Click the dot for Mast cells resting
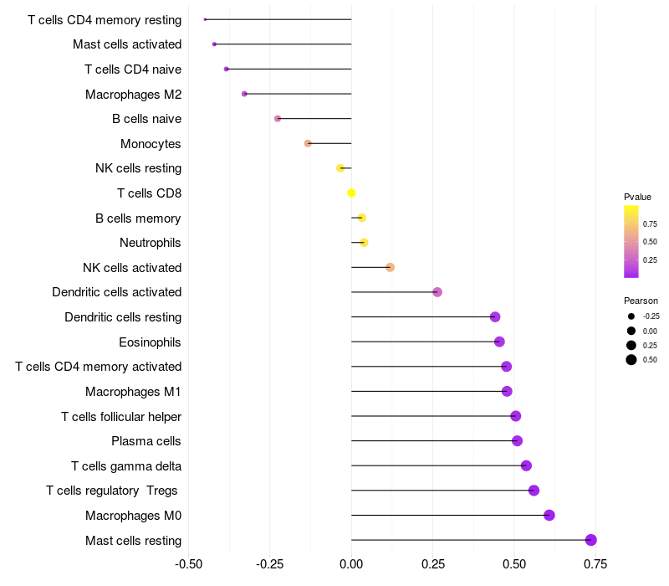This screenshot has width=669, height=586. click(x=591, y=540)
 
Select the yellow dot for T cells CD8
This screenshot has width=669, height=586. click(x=351, y=193)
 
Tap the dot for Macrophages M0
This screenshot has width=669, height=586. click(x=549, y=515)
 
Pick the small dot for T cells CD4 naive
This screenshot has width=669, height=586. click(x=227, y=69)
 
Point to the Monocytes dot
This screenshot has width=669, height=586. click(x=308, y=143)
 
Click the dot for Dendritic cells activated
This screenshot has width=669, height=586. click(x=437, y=292)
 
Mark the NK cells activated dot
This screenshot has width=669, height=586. click(x=390, y=268)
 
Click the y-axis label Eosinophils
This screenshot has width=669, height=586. click(x=151, y=342)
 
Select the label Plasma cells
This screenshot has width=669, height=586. click(x=146, y=441)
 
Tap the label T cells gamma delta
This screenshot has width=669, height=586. click(x=126, y=466)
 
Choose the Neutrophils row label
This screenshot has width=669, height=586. click(x=151, y=243)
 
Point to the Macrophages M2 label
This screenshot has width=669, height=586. click(x=133, y=95)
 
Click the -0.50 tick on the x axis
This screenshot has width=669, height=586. click(x=189, y=564)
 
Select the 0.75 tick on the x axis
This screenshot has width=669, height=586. click(x=595, y=564)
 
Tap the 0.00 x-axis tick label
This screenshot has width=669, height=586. click(x=351, y=564)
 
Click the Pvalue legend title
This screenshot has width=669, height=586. click(x=637, y=198)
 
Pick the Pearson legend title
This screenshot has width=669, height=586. click(x=641, y=301)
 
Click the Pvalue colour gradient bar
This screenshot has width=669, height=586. click(x=631, y=241)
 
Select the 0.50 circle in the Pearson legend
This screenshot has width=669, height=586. click(x=631, y=360)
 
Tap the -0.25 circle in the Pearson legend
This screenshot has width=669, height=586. click(x=631, y=316)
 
